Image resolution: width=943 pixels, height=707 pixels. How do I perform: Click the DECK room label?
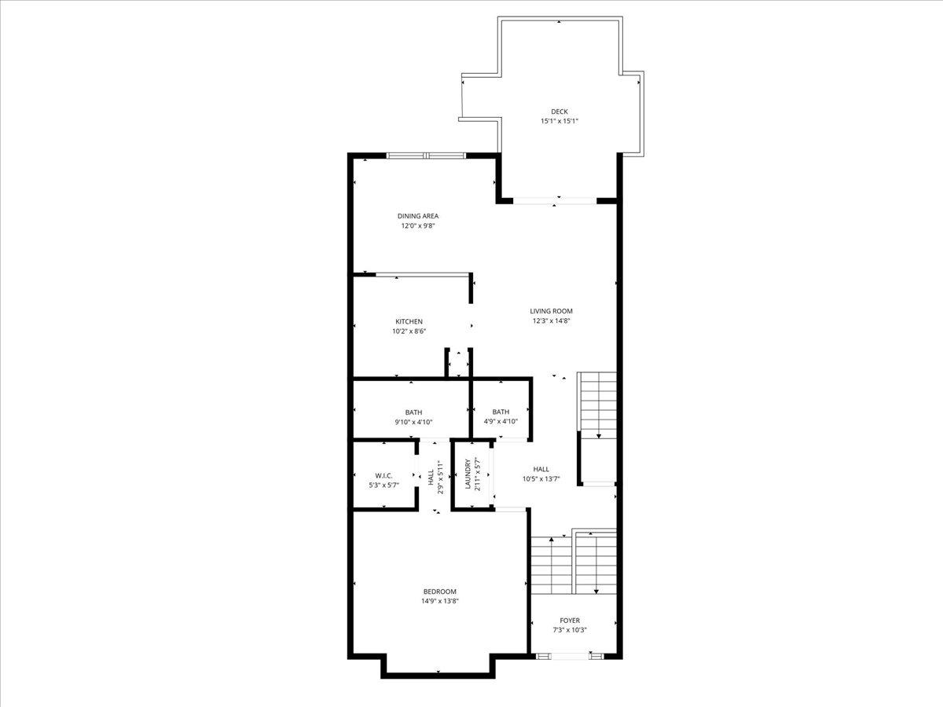point(559,112)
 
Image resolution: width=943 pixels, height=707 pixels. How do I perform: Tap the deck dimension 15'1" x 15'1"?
point(559,122)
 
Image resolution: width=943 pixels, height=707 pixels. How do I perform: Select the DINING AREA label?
point(417,216)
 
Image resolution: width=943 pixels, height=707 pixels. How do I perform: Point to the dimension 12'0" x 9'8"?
point(417,226)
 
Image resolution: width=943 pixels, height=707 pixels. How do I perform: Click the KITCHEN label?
point(409,321)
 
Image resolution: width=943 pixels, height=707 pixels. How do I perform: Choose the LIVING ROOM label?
point(551,311)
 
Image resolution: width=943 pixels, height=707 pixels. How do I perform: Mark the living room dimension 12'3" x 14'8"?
point(551,321)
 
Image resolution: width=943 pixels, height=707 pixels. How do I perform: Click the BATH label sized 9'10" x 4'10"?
point(413,412)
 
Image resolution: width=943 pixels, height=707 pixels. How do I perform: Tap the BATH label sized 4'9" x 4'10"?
point(501,412)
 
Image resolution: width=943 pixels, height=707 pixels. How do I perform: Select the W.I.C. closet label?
point(383,475)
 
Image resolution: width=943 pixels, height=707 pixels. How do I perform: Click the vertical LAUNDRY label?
point(468,474)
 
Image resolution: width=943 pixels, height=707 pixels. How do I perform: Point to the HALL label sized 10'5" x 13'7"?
point(541,469)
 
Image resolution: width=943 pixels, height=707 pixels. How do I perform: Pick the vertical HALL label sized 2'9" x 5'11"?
point(431,477)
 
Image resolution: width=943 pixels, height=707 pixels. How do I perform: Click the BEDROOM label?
point(439,592)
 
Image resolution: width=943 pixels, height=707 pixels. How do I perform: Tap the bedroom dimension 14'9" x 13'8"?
point(439,602)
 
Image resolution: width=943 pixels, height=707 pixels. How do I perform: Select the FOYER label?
point(570,621)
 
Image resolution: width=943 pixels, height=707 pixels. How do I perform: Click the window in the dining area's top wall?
point(426,156)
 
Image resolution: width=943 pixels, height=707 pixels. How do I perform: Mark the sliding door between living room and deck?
point(555,200)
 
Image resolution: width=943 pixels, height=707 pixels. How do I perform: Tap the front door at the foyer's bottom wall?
point(570,655)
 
